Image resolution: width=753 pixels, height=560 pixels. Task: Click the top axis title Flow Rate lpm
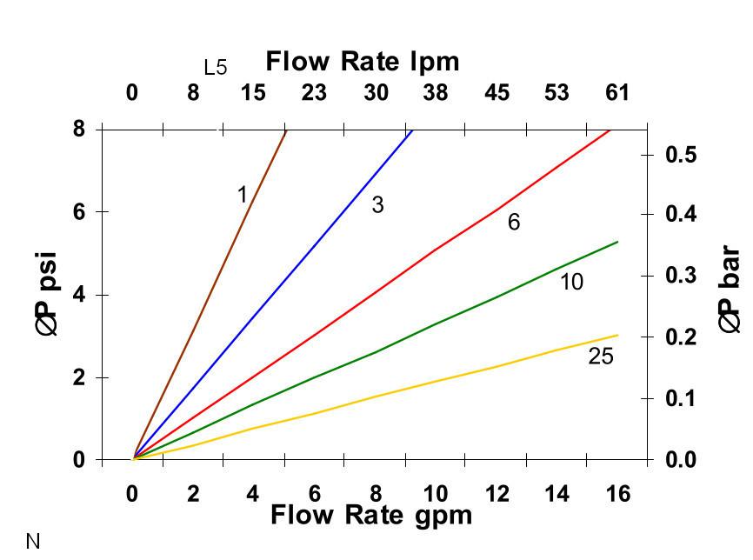[x=362, y=62]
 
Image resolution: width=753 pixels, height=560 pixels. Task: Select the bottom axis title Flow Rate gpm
[x=371, y=516]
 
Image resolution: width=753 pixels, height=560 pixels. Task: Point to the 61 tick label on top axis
[x=616, y=92]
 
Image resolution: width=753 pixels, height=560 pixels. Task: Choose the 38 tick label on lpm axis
[x=435, y=92]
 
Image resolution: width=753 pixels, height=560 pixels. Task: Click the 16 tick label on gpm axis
[x=617, y=494]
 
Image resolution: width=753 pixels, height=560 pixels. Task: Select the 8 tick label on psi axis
[x=78, y=129]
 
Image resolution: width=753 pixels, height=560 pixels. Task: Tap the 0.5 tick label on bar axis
[x=681, y=155]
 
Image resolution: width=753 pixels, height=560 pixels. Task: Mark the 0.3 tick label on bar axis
[x=681, y=276]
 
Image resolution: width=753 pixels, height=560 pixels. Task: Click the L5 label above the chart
[x=216, y=68]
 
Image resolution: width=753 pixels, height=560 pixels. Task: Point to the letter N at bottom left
[x=33, y=543]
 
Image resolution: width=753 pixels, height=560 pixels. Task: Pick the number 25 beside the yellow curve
[x=601, y=356]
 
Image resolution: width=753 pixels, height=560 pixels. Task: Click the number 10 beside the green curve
[x=571, y=282]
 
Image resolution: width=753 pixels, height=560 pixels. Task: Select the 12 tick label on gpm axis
[x=497, y=494]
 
